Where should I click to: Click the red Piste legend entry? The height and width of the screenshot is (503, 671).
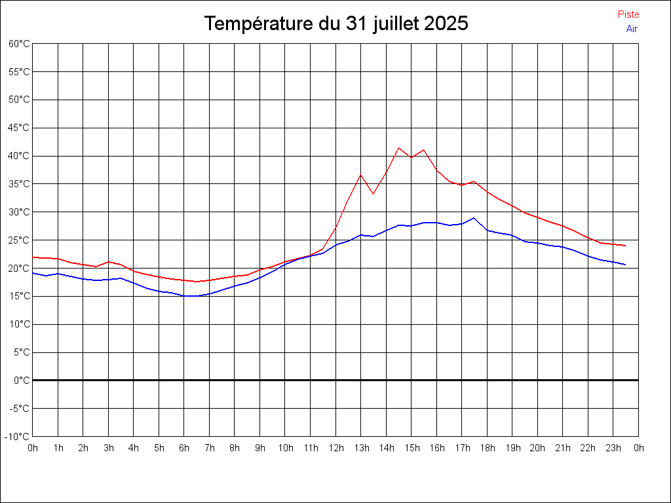click(x=628, y=14)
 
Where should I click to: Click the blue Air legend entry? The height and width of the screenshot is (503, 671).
click(x=632, y=28)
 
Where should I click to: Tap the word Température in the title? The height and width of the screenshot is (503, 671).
click(x=259, y=24)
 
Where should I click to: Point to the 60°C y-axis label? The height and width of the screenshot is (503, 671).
click(x=19, y=44)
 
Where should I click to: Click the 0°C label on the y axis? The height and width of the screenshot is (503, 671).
click(x=22, y=380)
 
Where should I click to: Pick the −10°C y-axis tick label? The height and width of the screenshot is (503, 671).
click(x=18, y=436)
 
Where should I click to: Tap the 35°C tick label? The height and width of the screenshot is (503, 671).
click(x=19, y=184)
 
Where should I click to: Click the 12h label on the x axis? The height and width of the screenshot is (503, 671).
click(x=335, y=448)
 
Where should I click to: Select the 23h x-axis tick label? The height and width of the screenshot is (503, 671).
click(x=613, y=448)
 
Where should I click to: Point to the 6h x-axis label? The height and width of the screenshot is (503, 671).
click(x=184, y=448)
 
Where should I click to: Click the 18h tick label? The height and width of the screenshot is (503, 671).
click(x=487, y=448)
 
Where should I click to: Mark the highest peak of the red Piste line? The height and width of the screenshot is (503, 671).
click(x=398, y=147)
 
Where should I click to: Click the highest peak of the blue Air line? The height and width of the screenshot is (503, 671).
click(x=474, y=217)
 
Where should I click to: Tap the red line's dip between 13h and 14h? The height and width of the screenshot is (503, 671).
click(x=374, y=194)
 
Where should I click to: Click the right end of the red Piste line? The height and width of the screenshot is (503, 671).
click(x=626, y=246)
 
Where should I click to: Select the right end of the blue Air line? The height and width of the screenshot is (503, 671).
click(x=626, y=265)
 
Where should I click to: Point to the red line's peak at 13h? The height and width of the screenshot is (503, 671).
click(x=360, y=174)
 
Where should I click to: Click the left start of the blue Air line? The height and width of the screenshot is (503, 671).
click(x=33, y=273)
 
